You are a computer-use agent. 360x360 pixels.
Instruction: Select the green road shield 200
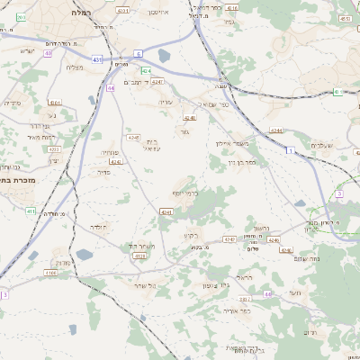21,17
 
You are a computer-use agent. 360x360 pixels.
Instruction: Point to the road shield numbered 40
48,53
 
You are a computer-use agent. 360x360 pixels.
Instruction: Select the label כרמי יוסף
184,193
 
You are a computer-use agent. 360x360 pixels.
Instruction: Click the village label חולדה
98,227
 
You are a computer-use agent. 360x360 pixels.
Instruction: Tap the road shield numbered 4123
139,256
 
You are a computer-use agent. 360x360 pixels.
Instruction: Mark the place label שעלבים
321,145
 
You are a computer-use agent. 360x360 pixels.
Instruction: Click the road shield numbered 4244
276,130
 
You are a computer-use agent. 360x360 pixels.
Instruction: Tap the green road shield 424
146,70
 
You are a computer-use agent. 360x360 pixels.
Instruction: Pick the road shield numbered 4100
50,272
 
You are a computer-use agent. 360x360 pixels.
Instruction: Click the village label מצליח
75,67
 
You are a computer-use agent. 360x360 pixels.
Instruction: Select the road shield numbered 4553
345,18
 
